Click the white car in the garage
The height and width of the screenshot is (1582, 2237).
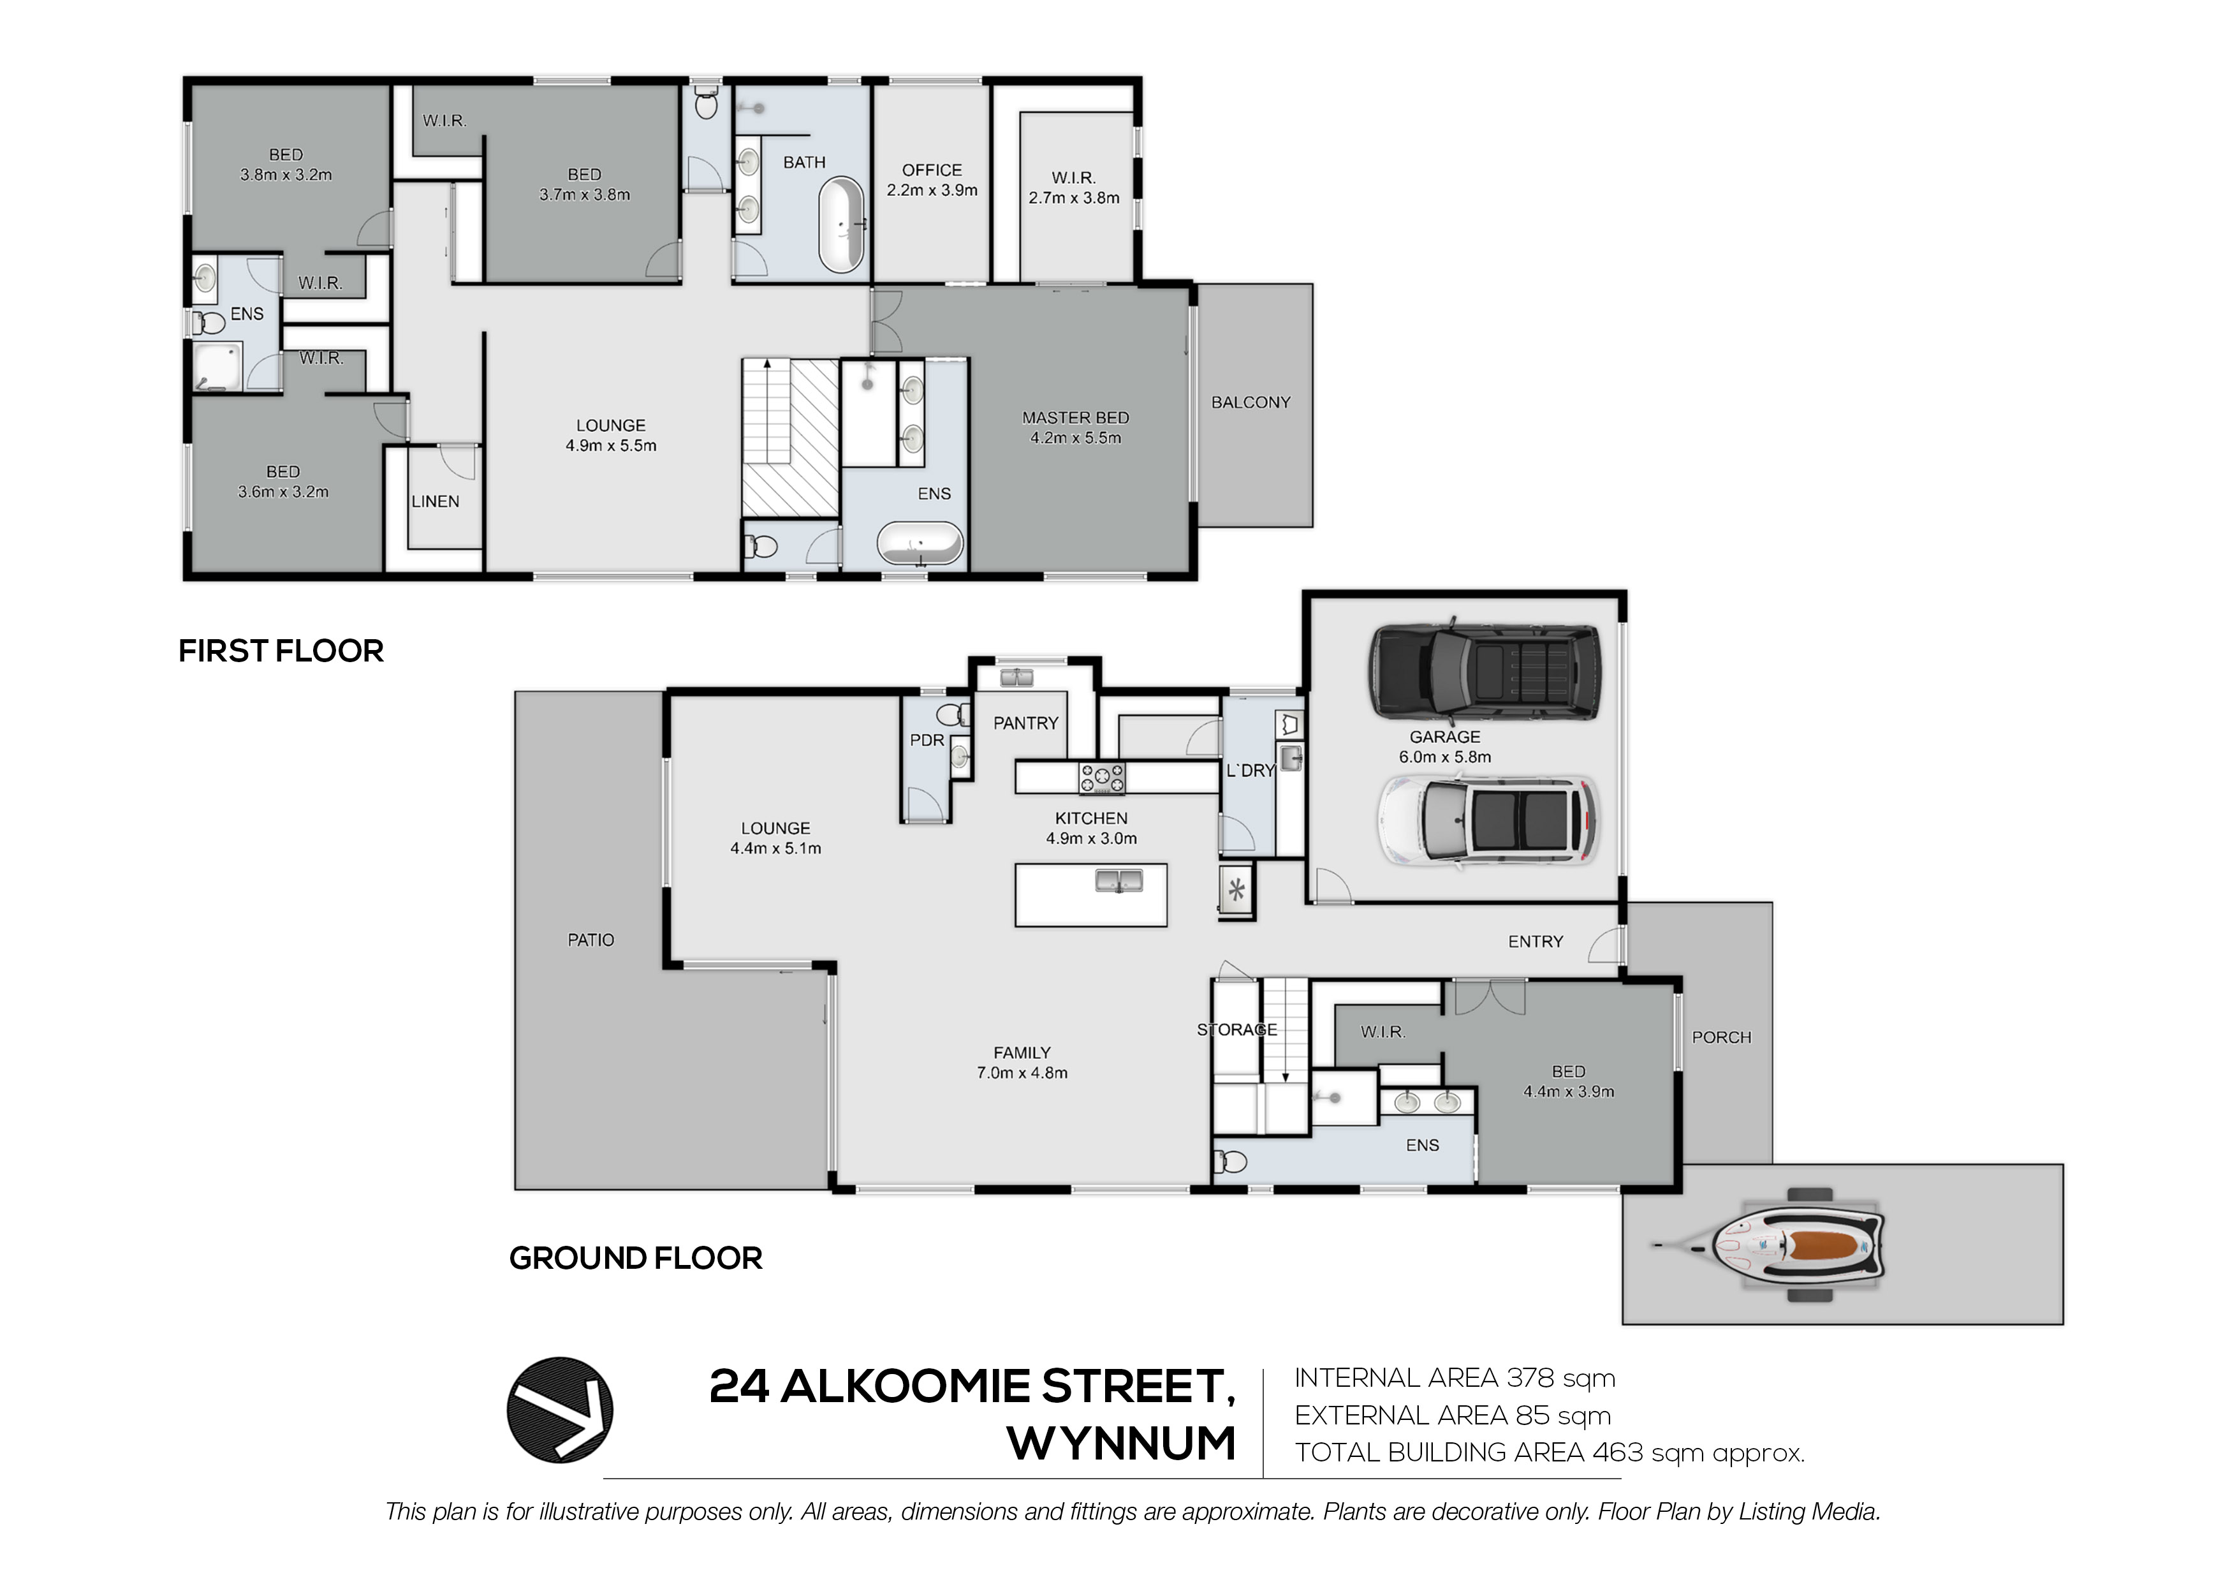click(x=1488, y=820)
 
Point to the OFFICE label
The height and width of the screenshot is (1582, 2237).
click(x=932, y=170)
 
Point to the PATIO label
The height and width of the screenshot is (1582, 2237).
click(x=590, y=940)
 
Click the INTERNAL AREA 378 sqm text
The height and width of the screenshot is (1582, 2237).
click(x=1455, y=1379)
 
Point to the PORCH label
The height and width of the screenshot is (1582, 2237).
click(x=1722, y=1038)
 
